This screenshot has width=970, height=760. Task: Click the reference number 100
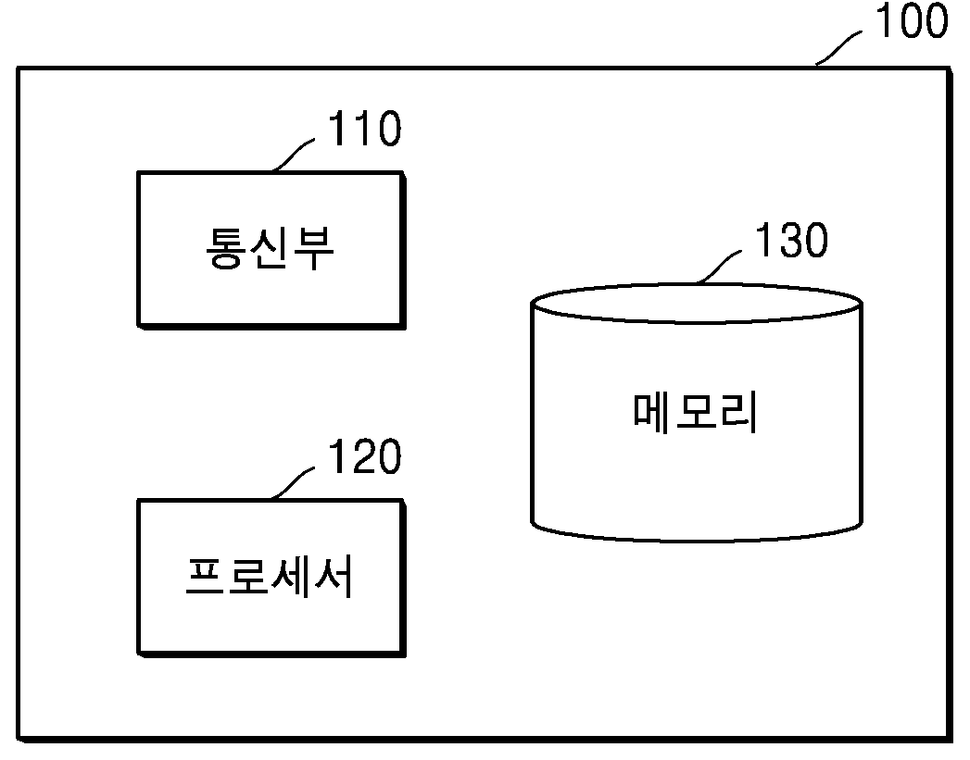pos(912,20)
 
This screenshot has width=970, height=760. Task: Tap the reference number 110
pos(364,129)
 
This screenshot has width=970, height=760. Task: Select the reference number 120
pos(364,456)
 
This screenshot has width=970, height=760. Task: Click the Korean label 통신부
pos(270,248)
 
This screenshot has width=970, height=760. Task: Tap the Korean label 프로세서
pos(270,577)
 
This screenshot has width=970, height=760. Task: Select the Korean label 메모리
pos(695,412)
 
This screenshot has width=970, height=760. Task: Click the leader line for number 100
pos(838,47)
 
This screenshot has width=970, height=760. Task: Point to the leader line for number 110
pos(293,154)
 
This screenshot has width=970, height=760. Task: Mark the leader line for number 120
pos(293,482)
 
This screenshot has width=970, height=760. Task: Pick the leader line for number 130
pos(719,266)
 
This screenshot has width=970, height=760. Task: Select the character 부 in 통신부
pos(314,248)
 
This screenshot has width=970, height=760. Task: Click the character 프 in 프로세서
pos(205,577)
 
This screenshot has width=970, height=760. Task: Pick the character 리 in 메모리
pos(738,412)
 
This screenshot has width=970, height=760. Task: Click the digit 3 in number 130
pos(791,240)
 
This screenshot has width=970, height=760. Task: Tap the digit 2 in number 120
pos(364,456)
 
